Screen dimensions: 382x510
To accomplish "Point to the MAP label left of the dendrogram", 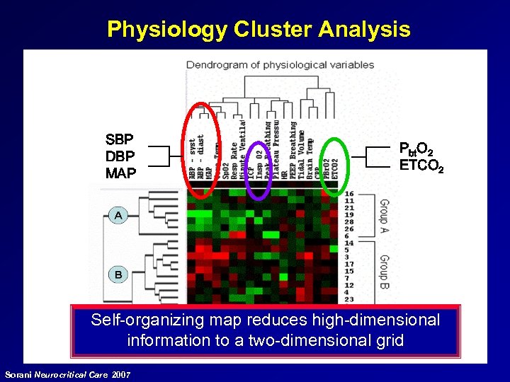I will coord(120,171).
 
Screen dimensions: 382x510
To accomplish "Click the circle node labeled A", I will coord(118,214).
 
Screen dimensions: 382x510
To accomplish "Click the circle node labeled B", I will coord(118,274).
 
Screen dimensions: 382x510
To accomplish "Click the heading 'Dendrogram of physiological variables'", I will coord(280,65).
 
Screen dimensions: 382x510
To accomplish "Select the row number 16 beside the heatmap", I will coord(348,193).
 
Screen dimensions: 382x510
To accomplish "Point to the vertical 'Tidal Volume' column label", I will coord(302,152).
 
